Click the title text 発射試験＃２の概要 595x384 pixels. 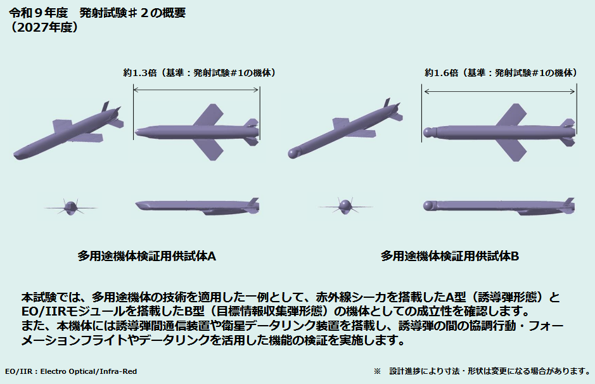[x=132, y=13]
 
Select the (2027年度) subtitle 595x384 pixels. [x=44, y=27]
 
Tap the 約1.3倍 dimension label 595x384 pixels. [x=139, y=73]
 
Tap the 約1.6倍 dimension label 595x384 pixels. [x=441, y=73]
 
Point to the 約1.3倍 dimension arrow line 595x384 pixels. [x=196, y=90]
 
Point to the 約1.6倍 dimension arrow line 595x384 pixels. [x=499, y=91]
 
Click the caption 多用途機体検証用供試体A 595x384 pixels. [x=147, y=256]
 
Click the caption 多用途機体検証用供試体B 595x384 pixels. [x=450, y=256]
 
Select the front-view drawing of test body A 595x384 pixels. [x=70, y=207]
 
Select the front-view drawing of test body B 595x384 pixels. [x=345, y=206]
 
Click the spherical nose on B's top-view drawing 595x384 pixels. [x=428, y=132]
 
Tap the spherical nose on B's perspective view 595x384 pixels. [x=293, y=153]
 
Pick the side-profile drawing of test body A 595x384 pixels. [x=197, y=207]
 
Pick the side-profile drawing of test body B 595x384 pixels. [x=499, y=207]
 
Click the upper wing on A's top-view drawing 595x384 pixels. [x=208, y=115]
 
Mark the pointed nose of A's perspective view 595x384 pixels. [x=16, y=155]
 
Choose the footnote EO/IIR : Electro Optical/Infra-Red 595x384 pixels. [x=71, y=371]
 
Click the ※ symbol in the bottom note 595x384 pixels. [x=377, y=371]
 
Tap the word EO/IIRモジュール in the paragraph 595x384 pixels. [x=74, y=311]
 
